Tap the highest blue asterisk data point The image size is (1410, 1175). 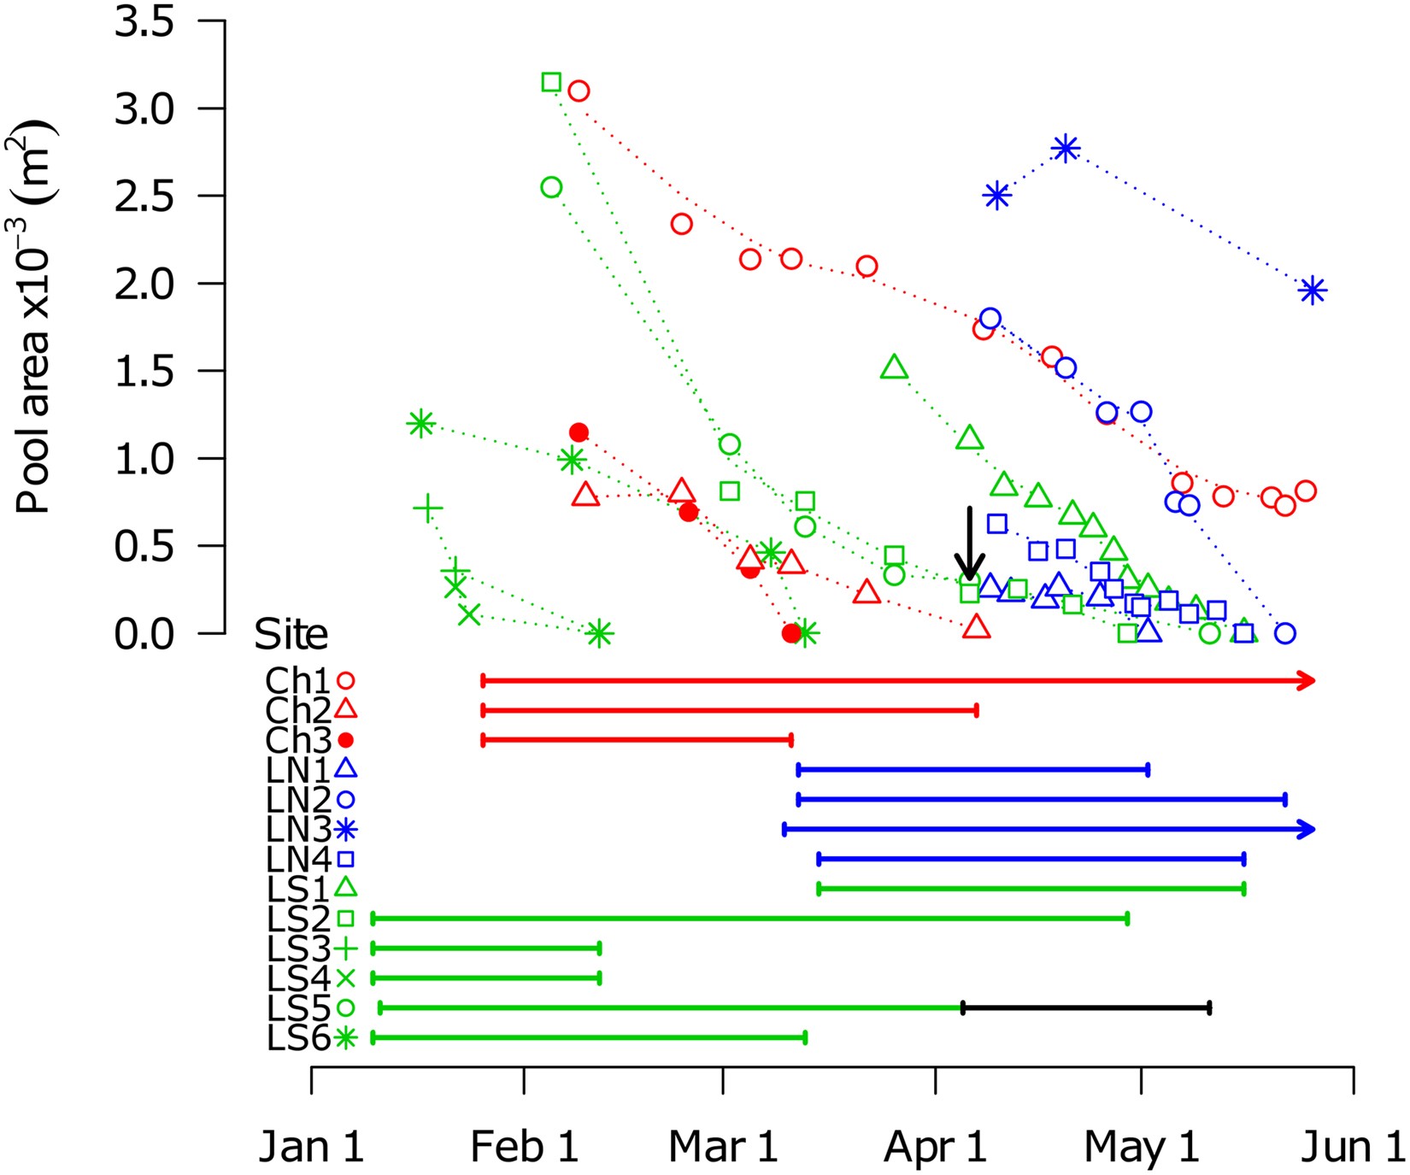click(1065, 148)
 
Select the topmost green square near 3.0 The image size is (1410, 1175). click(551, 82)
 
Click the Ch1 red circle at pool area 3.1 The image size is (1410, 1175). click(579, 91)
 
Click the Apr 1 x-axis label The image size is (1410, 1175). click(935, 1147)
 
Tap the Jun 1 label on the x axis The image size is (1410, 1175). click(1352, 1147)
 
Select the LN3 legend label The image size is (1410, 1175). click(297, 829)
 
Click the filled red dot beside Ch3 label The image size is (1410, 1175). click(345, 740)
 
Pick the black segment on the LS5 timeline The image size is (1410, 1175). click(1085, 1008)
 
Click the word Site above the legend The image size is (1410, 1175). click(291, 635)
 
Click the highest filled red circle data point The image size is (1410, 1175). click(579, 432)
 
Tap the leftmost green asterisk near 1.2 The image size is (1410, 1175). click(420, 423)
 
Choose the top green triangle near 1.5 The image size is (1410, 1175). click(894, 367)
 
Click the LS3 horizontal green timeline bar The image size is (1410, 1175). click(485, 949)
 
